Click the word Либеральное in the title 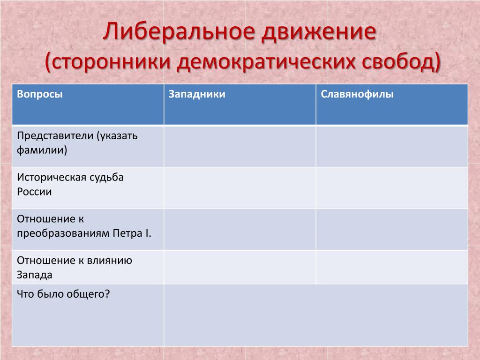tap(179, 31)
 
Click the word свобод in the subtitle tap(397, 61)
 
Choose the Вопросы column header tap(40, 94)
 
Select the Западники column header tap(197, 94)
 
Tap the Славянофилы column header tap(357, 94)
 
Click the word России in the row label tap(34, 192)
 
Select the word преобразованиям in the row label tap(63, 233)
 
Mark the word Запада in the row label tap(35, 275)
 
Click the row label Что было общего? tap(63, 294)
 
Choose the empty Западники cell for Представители tap(240, 146)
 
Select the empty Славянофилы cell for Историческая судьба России tap(392, 187)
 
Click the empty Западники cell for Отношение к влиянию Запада tap(240, 267)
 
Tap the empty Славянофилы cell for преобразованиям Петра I tap(392, 229)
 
